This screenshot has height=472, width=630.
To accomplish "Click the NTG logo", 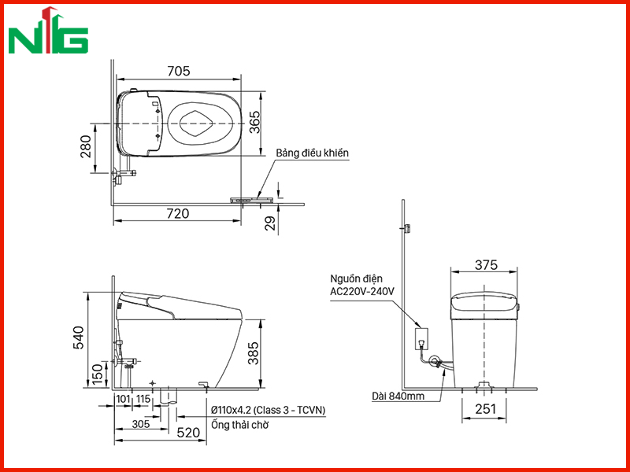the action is click(x=48, y=31).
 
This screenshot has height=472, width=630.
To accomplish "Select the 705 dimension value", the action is click(x=179, y=71).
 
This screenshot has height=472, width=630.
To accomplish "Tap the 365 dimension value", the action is click(x=254, y=123).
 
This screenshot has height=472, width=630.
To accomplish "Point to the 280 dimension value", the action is click(x=87, y=146).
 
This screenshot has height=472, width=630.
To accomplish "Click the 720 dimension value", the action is click(x=178, y=213).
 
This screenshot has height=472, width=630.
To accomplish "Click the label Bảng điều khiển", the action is click(x=312, y=153).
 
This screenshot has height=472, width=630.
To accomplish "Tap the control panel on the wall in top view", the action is click(x=251, y=200).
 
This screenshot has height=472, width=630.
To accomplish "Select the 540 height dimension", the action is click(x=79, y=338).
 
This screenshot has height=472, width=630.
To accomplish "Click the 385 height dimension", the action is click(x=253, y=353).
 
